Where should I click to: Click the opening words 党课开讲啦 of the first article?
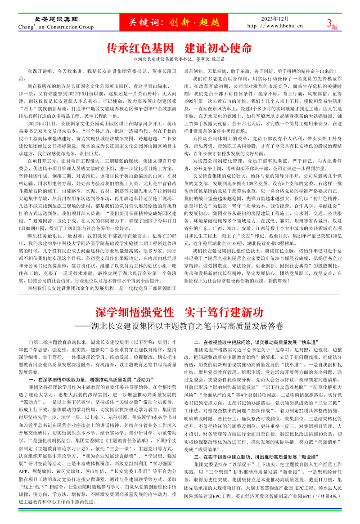coord(42,71)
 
